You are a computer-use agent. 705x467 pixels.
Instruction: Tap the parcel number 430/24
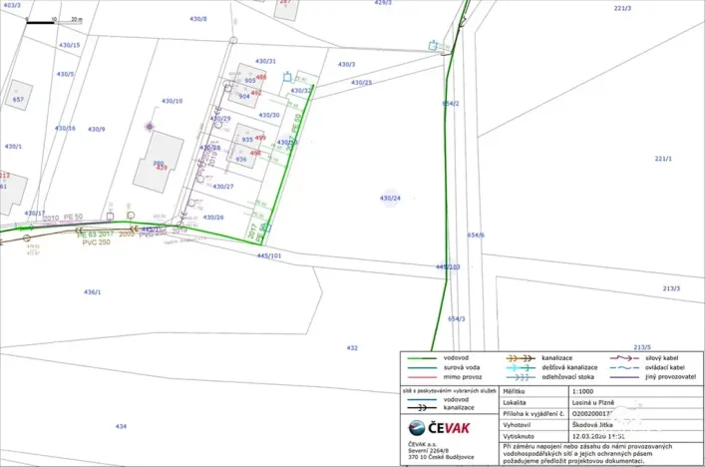(390, 199)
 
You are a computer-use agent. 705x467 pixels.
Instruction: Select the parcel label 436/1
(92, 292)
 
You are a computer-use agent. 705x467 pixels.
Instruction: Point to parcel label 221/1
(663, 159)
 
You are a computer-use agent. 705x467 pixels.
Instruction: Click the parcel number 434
(120, 426)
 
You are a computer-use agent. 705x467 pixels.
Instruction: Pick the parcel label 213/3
(671, 288)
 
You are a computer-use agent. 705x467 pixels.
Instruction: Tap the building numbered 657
(18, 100)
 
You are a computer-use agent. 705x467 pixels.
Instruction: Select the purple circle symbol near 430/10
(150, 127)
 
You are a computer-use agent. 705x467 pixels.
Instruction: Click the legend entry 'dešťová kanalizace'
(570, 366)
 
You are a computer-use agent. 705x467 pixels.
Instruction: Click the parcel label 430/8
(198, 19)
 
